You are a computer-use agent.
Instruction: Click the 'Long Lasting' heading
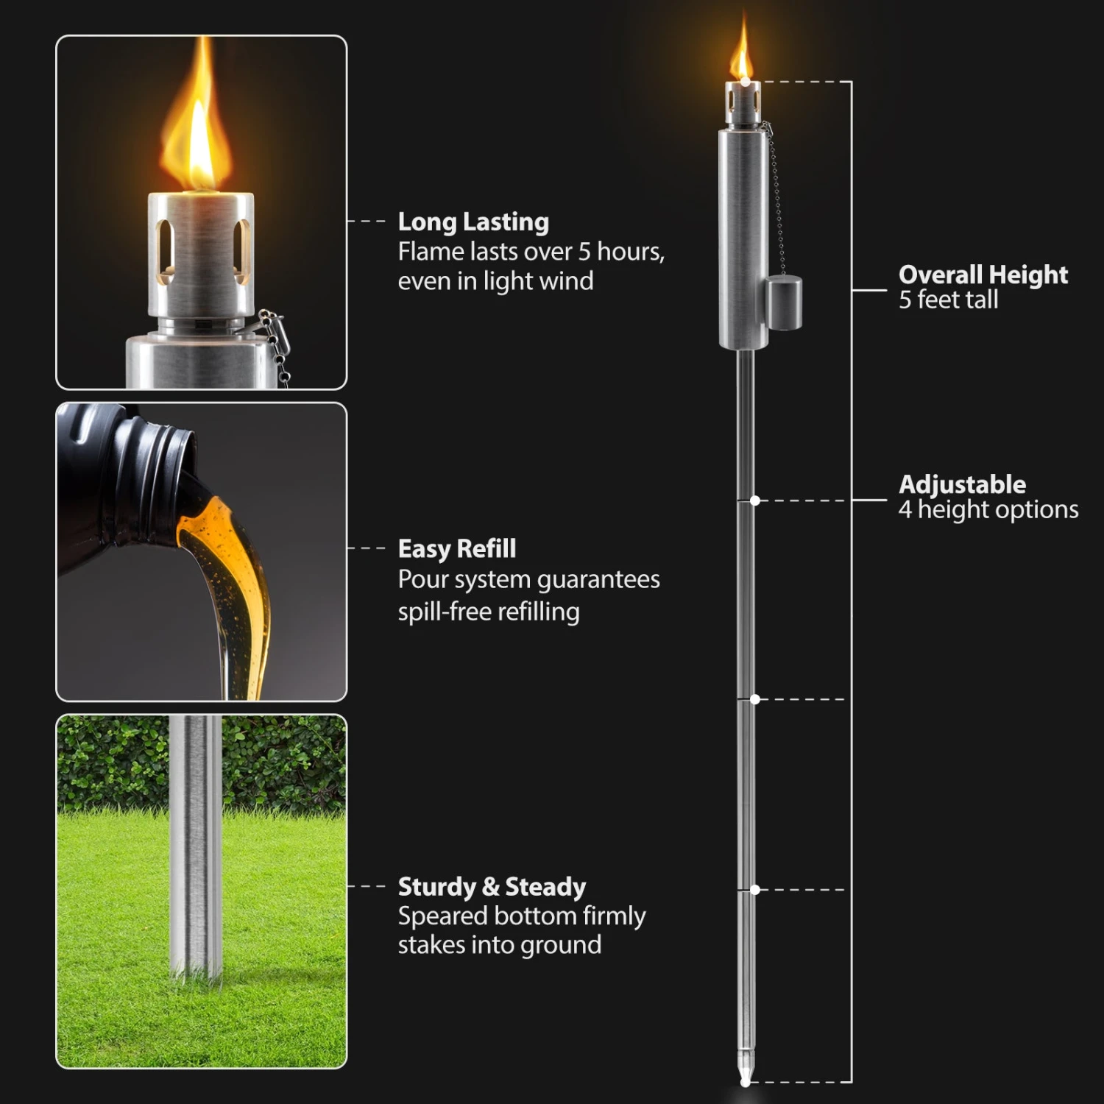pos(473,222)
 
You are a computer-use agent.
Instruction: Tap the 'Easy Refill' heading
pos(457,548)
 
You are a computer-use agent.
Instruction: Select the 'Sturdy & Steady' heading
pos(492,886)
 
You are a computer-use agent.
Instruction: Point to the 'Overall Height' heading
pos(983,275)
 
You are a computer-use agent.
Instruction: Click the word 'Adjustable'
pos(962,484)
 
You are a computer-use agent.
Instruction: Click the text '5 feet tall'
pos(948,300)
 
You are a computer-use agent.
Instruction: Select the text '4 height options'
pos(988,509)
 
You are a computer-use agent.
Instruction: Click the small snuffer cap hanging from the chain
pos(784,303)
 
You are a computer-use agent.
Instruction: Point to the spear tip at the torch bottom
pos(746,1071)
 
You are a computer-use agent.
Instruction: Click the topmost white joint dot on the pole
pos(754,500)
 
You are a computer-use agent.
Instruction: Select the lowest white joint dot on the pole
pos(754,890)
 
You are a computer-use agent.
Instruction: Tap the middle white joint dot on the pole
pos(754,698)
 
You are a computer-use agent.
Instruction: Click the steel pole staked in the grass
pos(195,846)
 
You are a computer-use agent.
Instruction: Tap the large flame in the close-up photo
pos(197,132)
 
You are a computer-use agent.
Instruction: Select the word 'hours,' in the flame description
pos(631,252)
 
